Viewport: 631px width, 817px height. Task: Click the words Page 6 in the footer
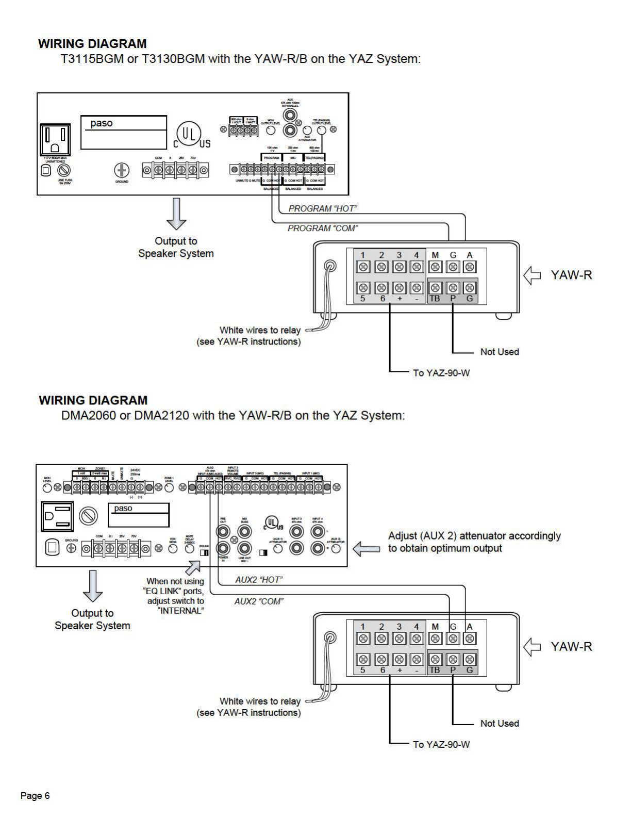[x=35, y=796]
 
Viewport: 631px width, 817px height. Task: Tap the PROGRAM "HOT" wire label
[x=323, y=208]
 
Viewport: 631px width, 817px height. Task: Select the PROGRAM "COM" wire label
[x=323, y=228]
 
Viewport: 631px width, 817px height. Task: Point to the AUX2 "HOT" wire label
[x=259, y=580]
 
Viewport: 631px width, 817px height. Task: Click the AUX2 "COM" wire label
[x=259, y=601]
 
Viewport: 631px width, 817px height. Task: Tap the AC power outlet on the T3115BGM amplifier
[x=56, y=139]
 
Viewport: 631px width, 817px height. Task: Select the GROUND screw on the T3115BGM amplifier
[x=122, y=170]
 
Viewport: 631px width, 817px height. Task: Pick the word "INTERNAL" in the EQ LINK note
[x=180, y=611]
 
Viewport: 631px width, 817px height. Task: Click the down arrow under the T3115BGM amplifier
[x=176, y=214]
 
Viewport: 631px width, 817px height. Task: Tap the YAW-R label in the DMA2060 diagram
[x=571, y=647]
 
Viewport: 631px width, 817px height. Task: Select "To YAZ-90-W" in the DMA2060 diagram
[x=441, y=744]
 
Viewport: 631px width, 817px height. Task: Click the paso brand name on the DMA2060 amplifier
[x=123, y=509]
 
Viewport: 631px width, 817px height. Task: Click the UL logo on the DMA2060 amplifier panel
[x=274, y=523]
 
